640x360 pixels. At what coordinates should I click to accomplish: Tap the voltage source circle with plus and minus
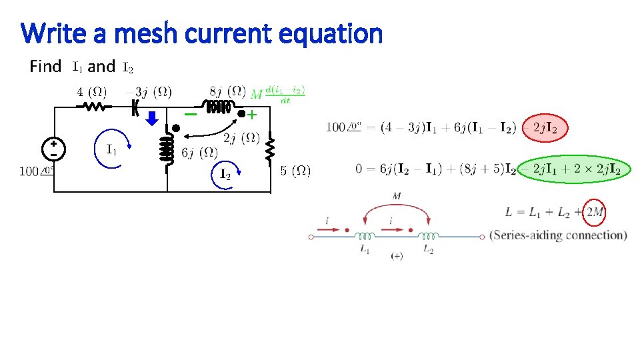pyautogui.click(x=53, y=149)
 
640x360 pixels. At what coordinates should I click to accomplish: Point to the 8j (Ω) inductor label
pyautogui.click(x=227, y=91)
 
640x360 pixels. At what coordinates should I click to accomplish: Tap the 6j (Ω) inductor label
pyautogui.click(x=199, y=153)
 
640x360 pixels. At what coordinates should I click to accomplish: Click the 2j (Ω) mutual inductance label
pyautogui.click(x=241, y=138)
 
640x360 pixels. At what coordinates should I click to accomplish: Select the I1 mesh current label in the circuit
pyautogui.click(x=112, y=149)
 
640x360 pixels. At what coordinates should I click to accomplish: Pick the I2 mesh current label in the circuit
pyautogui.click(x=225, y=175)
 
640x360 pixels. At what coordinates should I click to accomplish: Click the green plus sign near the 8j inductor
pyautogui.click(x=252, y=115)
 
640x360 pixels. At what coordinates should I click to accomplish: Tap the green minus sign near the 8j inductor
pyautogui.click(x=191, y=115)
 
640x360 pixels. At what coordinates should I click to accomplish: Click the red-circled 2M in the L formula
pyautogui.click(x=593, y=213)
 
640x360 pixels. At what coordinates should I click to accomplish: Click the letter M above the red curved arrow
pyautogui.click(x=397, y=195)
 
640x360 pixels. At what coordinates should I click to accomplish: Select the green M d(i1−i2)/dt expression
pyautogui.click(x=279, y=94)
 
